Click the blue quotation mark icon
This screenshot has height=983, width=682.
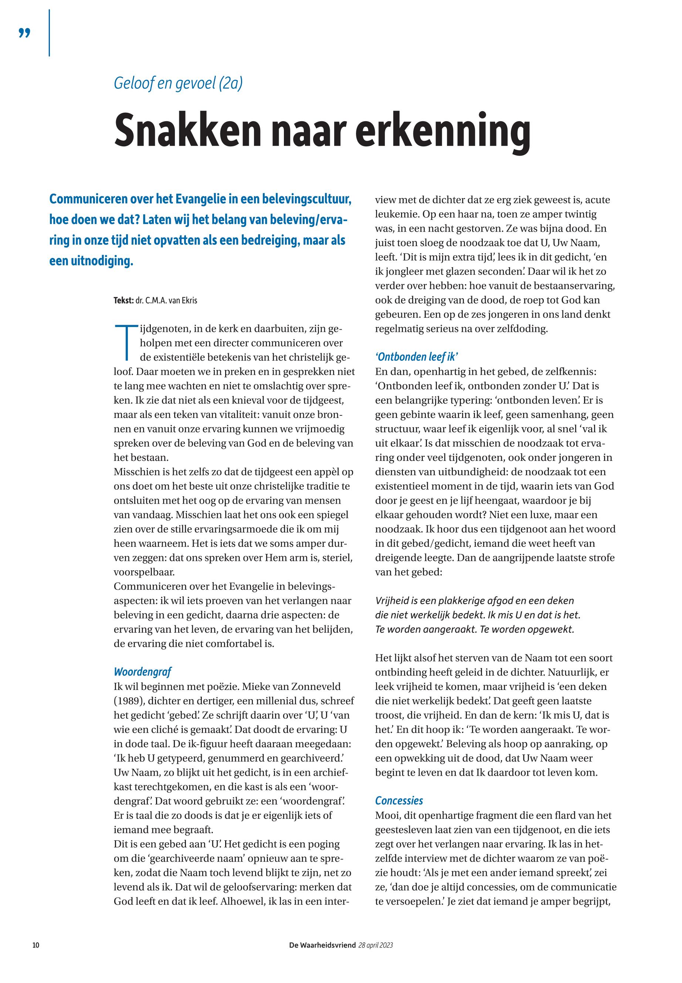click(25, 33)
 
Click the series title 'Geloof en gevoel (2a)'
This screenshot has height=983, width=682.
click(178, 83)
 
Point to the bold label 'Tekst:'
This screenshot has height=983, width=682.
click(123, 300)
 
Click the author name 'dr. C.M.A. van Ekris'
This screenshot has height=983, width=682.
click(166, 300)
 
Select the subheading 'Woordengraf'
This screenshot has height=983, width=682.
click(142, 672)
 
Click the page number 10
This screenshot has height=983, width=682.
click(36, 945)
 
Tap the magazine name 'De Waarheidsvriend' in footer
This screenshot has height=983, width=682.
click(322, 945)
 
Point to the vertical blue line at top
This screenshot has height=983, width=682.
click(50, 33)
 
